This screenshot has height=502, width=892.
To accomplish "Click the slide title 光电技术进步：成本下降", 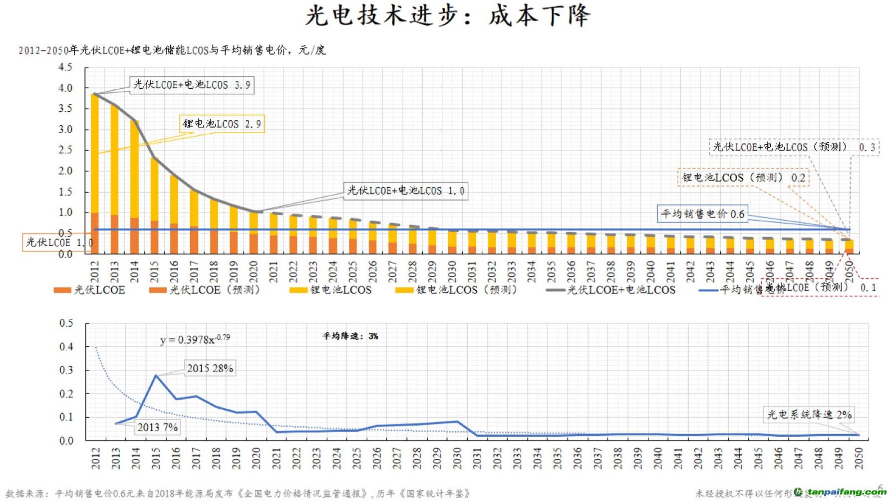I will [x=448, y=16].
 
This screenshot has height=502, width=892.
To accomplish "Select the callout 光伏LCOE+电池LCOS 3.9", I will [x=192, y=85].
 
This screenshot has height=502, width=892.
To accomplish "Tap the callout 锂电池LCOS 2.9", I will [x=222, y=124].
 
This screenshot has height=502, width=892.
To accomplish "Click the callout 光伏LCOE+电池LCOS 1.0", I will [x=405, y=191].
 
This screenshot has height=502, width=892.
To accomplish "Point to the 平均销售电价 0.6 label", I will [x=702, y=214].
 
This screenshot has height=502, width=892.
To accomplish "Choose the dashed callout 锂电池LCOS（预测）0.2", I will [x=743, y=178].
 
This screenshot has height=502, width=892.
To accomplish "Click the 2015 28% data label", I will [x=210, y=369].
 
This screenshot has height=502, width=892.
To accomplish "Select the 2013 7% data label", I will [x=157, y=428].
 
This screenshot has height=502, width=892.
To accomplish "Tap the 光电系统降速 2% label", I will [x=809, y=415].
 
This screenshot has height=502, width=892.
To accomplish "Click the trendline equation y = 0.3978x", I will [x=195, y=339].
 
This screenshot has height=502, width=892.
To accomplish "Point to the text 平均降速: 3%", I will [x=350, y=336].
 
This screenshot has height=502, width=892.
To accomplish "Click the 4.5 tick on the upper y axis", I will [x=65, y=67].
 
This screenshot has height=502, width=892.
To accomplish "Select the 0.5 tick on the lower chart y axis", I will [x=66, y=323].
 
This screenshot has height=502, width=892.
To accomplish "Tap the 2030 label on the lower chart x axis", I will [x=457, y=458].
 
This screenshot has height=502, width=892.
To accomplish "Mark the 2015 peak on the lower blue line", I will [x=156, y=375].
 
